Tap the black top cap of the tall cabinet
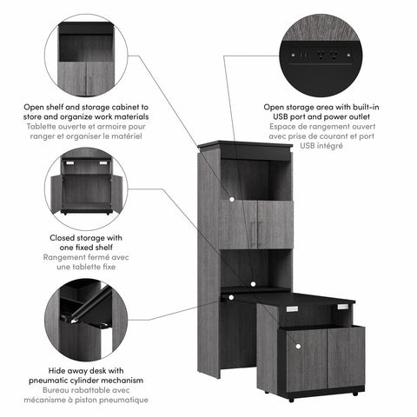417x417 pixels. click(242, 149)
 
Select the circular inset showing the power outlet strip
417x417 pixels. click(321, 56)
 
